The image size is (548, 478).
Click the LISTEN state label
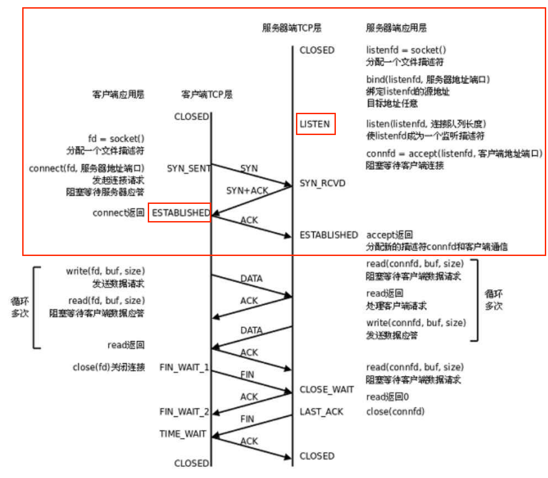(315, 124)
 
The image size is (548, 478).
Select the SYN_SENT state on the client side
(188, 169)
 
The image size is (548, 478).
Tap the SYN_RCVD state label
(322, 183)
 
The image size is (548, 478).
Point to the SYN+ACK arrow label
(247, 191)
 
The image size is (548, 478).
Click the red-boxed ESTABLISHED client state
(180, 212)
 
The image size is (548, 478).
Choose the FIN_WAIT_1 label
(184, 367)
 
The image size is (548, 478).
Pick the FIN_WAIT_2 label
(184, 411)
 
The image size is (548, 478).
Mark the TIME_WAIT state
(183, 434)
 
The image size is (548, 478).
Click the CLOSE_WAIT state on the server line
(326, 390)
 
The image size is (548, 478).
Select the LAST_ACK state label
(321, 411)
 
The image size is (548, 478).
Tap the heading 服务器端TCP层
(291, 28)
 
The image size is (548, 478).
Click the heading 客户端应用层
(118, 94)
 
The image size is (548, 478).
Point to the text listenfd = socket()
(406, 50)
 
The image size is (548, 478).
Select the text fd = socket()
(116, 139)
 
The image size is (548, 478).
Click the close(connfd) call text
(395, 411)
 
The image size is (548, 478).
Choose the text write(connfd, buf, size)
(416, 323)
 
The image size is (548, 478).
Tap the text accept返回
(389, 235)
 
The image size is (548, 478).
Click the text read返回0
(388, 397)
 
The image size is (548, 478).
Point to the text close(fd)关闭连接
(109, 367)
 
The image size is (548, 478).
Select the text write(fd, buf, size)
(106, 271)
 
